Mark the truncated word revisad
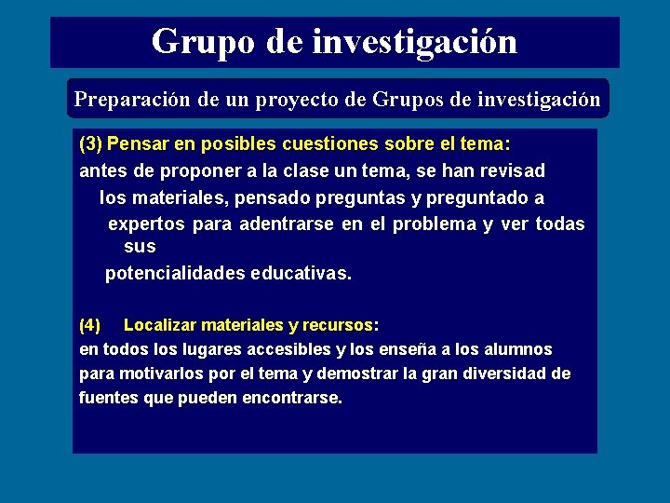(x=511, y=171)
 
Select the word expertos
(x=147, y=224)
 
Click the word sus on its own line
(x=140, y=247)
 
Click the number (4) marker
(x=90, y=325)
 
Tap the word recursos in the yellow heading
(x=341, y=325)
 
